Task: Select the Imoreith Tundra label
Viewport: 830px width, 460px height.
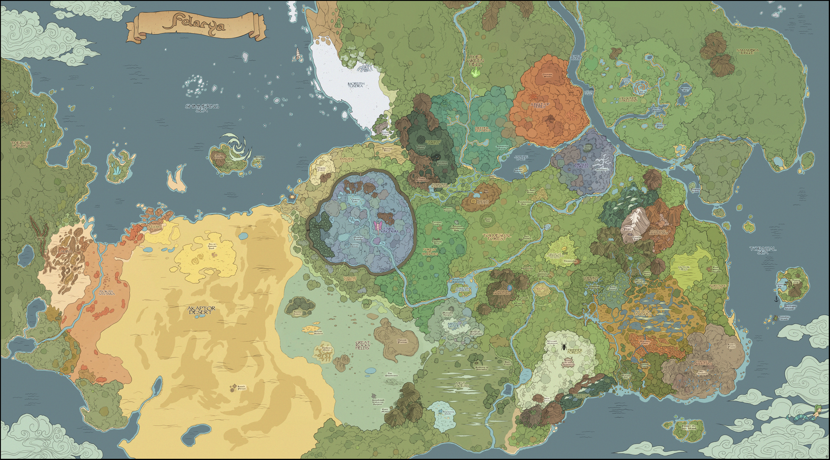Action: pos(356,85)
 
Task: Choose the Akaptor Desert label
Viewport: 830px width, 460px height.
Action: pos(201,310)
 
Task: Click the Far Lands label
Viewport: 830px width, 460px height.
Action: pos(19,144)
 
